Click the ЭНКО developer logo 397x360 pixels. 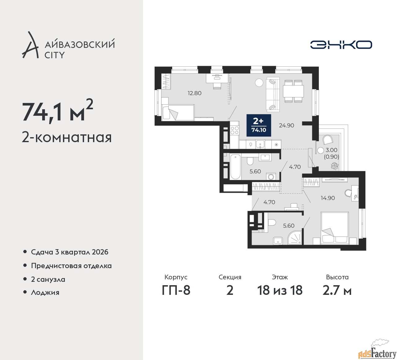[x=341, y=45]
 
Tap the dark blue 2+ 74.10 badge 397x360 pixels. [x=259, y=125]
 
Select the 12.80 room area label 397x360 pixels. [x=194, y=93]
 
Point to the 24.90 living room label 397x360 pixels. [x=287, y=125]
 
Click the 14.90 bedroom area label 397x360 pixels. [x=328, y=198]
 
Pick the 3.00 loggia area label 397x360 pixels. [x=332, y=150]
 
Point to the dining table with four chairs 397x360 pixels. [x=293, y=91]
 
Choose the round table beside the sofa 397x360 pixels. [x=259, y=82]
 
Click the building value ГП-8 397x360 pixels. [x=176, y=290]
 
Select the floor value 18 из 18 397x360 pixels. [x=280, y=290]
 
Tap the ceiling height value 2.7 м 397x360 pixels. [x=337, y=290]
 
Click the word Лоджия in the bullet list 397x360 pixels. [x=45, y=292]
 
